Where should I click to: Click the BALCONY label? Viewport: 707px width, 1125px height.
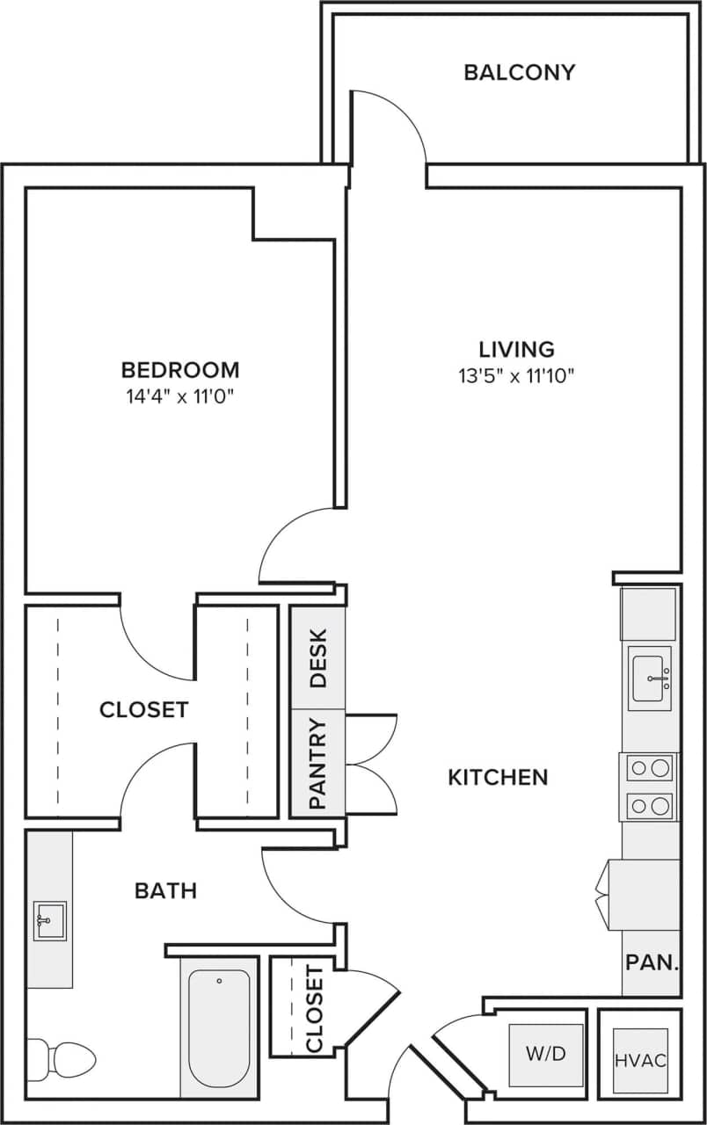[519, 72]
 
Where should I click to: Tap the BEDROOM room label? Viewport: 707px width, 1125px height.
[180, 369]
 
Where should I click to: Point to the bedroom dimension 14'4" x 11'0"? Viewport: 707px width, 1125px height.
[180, 396]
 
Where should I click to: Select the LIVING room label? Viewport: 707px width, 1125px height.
[516, 349]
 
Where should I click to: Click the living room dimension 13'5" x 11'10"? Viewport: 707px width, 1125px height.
[516, 376]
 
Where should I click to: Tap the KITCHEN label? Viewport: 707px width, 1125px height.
[498, 777]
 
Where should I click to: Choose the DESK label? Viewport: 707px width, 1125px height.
[317, 657]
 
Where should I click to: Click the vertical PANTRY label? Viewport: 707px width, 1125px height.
[317, 763]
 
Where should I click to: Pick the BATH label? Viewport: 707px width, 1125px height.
[165, 890]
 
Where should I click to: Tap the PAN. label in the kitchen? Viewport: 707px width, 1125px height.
[652, 962]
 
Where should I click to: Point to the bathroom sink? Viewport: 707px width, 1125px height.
[49, 920]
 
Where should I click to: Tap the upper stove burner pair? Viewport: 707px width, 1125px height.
[650, 767]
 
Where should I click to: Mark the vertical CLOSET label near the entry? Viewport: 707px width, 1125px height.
[314, 1008]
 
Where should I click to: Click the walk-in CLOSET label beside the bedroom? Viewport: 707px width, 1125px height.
[143, 709]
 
